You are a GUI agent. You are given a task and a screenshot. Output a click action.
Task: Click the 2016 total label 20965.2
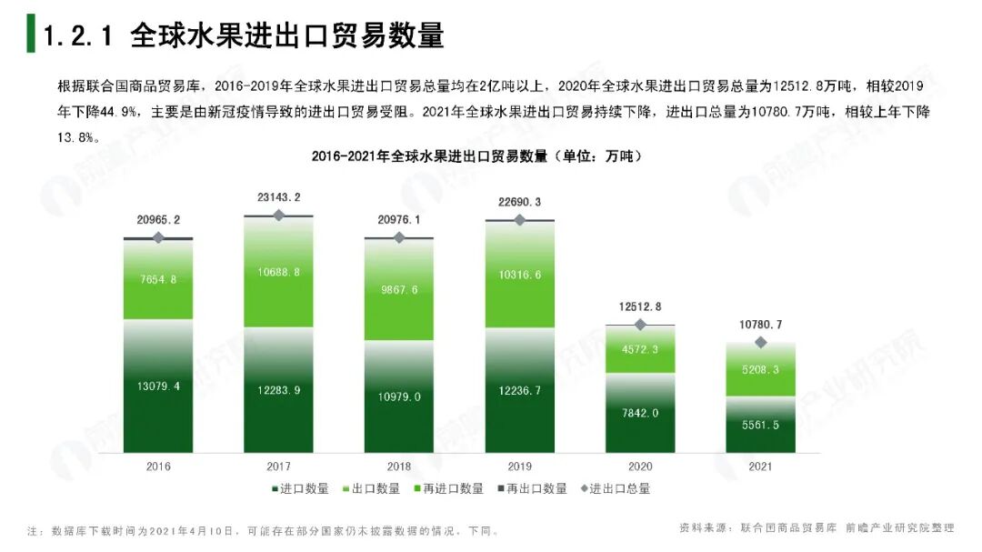click(x=158, y=219)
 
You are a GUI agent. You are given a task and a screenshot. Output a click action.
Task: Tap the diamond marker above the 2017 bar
click(x=279, y=216)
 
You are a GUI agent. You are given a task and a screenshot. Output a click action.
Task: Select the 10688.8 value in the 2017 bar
click(x=278, y=272)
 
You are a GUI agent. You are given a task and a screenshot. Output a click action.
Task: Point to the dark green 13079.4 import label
click(x=158, y=386)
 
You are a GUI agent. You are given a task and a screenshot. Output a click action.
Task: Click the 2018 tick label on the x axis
click(x=399, y=467)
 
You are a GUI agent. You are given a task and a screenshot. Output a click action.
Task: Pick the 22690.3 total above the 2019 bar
click(x=519, y=202)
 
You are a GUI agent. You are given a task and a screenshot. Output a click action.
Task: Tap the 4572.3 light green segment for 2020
click(x=640, y=349)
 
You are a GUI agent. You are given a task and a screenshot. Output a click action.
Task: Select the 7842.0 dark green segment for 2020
click(x=640, y=412)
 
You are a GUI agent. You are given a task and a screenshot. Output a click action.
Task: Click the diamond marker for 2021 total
click(x=761, y=342)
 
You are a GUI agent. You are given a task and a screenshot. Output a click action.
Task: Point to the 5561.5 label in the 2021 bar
click(x=760, y=426)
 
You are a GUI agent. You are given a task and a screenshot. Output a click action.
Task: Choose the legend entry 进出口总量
click(x=618, y=488)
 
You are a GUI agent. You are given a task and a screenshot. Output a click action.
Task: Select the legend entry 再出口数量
click(x=536, y=488)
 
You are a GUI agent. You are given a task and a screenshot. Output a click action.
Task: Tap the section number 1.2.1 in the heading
click(x=77, y=35)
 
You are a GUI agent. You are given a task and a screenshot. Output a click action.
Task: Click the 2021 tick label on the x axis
click(x=760, y=467)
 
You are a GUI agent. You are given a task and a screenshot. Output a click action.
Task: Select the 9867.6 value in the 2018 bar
click(x=399, y=290)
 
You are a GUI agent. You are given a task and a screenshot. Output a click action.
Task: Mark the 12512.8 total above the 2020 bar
click(x=640, y=306)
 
